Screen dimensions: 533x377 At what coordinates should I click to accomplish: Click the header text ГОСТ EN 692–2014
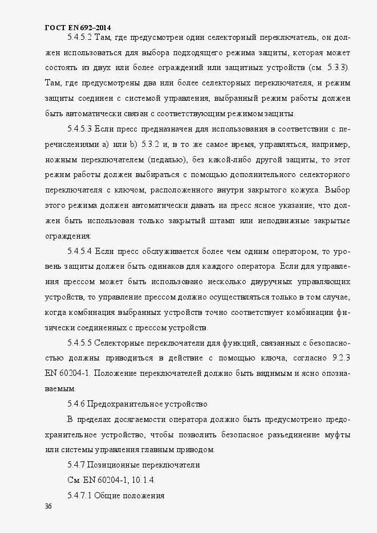tap(78, 27)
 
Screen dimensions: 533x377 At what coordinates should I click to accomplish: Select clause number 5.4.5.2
tap(80, 38)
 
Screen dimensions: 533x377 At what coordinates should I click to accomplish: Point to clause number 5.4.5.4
tap(80, 250)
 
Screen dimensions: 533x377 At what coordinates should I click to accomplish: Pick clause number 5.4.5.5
tap(80, 344)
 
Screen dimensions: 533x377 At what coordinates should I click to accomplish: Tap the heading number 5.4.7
tap(75, 465)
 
